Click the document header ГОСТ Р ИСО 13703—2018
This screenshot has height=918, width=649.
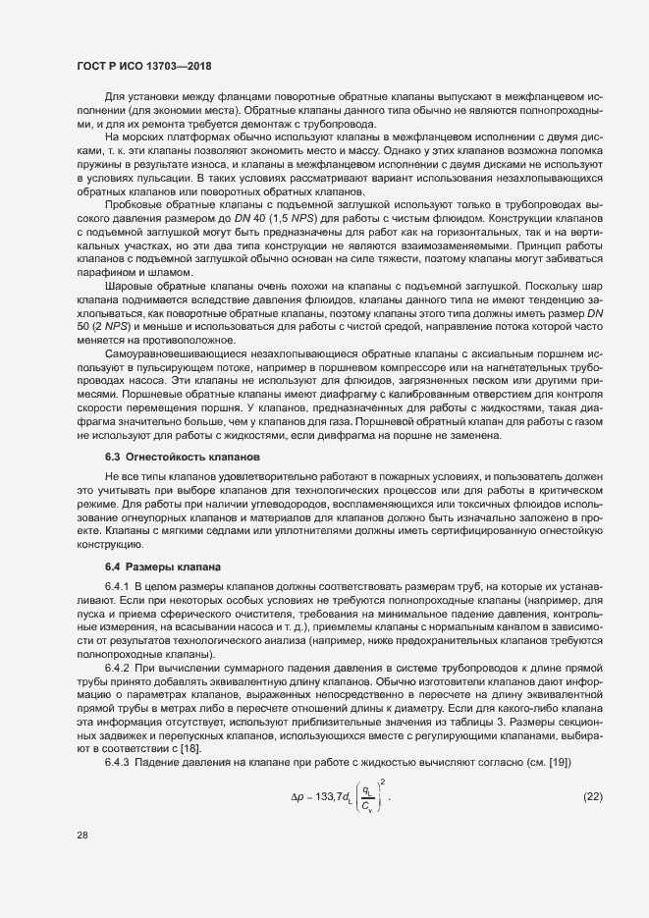pos(144,66)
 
